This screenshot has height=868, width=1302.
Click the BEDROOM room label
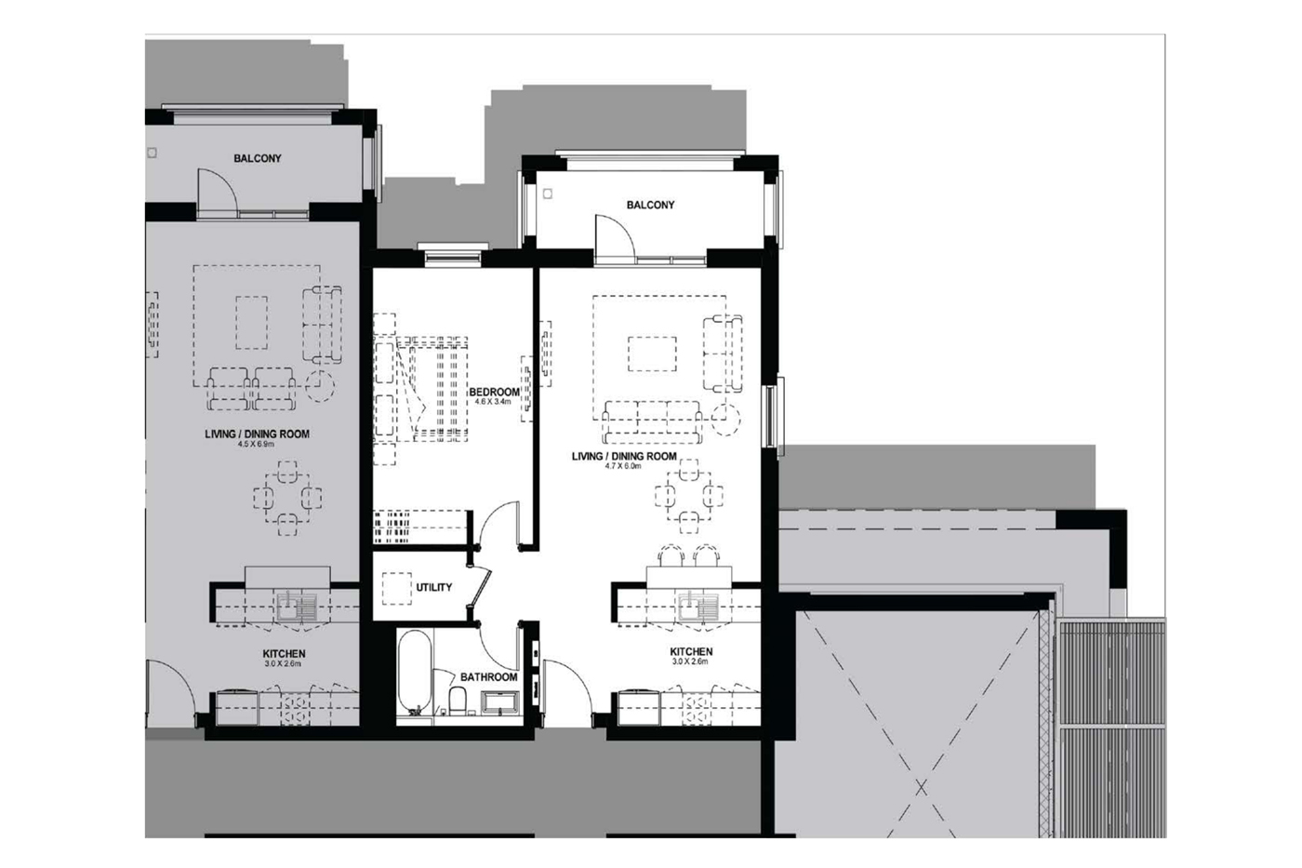pos(494,392)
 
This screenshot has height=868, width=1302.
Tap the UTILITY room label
pos(433,587)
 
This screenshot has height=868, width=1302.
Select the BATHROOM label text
pos(488,677)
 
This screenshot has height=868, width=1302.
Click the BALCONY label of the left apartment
pos(258,158)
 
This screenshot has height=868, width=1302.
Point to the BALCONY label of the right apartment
pos(650,205)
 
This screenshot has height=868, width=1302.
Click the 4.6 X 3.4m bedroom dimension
pos(493,401)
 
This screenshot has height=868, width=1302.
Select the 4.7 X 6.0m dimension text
pos(622,466)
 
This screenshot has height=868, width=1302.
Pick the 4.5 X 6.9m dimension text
pos(256,444)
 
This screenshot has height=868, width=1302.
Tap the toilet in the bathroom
pos(458,702)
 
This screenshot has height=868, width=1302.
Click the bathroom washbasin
pos(501,702)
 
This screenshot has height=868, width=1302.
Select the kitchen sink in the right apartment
pos(698,607)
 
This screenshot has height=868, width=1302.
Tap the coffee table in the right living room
pos(652,354)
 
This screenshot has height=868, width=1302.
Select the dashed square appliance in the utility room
pos(396,589)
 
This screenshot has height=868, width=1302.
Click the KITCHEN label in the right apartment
pos(691,652)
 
